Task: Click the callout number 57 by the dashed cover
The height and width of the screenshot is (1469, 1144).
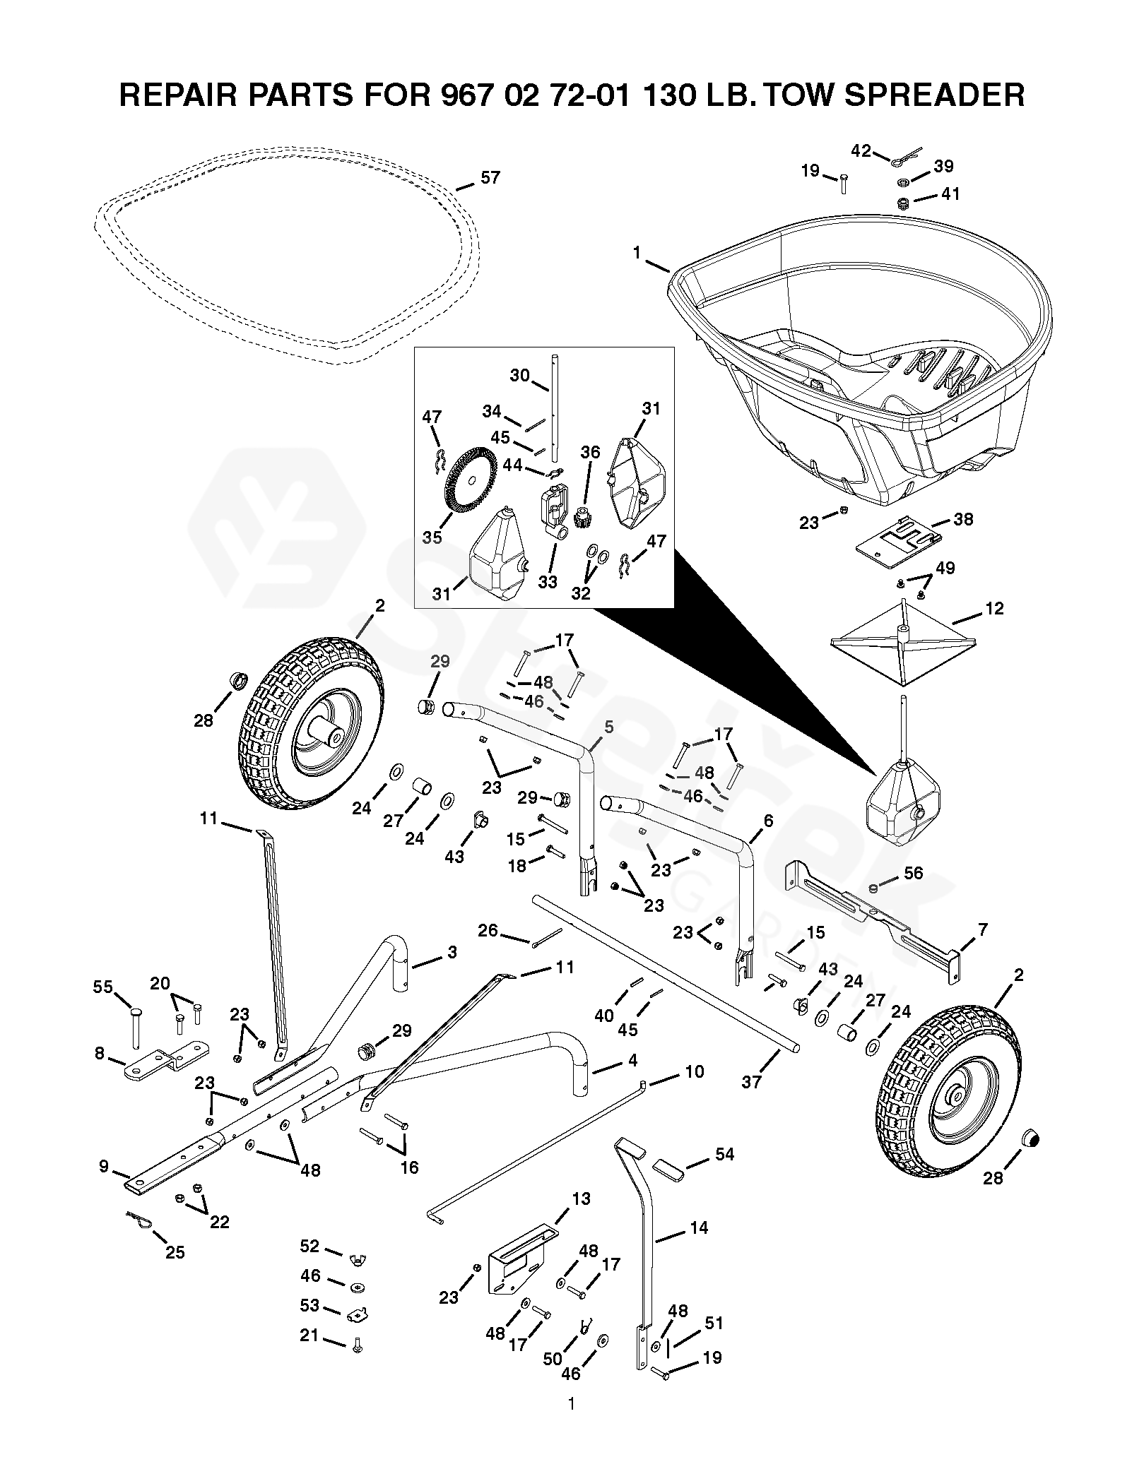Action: (x=490, y=178)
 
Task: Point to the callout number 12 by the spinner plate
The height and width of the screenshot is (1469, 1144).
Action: (x=993, y=608)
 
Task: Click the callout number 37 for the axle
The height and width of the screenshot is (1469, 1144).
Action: (x=751, y=1081)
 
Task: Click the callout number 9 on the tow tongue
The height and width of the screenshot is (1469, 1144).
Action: (x=105, y=1167)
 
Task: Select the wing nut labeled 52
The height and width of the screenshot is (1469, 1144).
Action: (x=358, y=1258)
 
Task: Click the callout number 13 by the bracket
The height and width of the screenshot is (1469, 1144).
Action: (x=581, y=1199)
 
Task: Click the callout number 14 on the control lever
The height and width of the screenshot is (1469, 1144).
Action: (x=698, y=1228)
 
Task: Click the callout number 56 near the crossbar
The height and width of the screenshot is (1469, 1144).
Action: (x=913, y=874)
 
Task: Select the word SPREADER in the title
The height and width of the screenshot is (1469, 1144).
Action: (x=934, y=95)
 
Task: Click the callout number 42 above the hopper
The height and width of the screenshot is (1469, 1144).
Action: (x=861, y=150)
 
